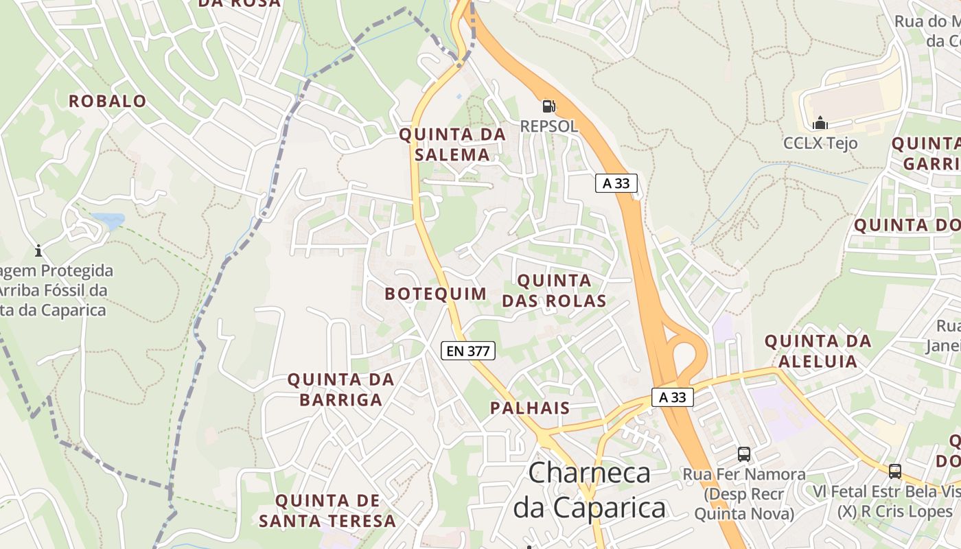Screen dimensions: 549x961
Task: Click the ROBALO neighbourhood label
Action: tap(107, 102)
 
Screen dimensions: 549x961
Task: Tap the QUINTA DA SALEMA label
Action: tap(452, 145)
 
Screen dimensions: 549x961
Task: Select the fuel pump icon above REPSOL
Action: tap(548, 106)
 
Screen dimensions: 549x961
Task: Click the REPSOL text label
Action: tap(548, 126)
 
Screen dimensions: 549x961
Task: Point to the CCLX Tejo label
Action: tap(820, 143)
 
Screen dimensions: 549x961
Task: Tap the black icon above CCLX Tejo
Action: tap(820, 124)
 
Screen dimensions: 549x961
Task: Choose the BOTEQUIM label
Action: tap(435, 294)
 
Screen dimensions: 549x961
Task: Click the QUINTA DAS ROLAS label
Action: tap(554, 290)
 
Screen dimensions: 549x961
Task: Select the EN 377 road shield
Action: tap(467, 351)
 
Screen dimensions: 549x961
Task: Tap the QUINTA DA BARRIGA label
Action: tap(340, 389)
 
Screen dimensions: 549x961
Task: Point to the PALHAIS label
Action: tap(530, 408)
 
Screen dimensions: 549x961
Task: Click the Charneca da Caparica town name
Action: tap(590, 490)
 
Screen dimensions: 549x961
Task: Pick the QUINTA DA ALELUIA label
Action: tap(818, 351)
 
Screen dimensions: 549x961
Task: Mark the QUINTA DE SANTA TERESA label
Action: tap(327, 511)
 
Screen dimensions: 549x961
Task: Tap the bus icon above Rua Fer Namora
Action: tap(744, 454)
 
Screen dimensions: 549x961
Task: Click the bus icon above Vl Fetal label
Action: tap(894, 471)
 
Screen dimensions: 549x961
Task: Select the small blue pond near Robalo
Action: tap(108, 220)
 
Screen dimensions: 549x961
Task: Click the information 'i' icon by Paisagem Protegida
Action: tap(38, 251)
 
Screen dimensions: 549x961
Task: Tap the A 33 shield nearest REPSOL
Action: tap(616, 183)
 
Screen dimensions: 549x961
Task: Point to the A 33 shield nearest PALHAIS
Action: tap(672, 397)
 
